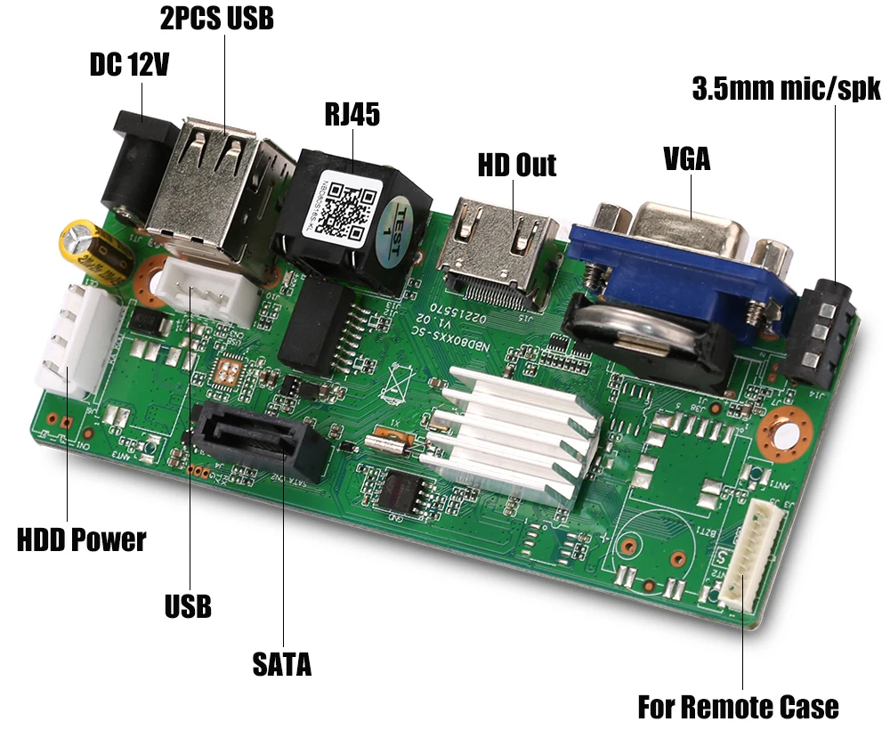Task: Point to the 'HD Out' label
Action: tap(516, 165)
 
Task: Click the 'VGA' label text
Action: tap(687, 159)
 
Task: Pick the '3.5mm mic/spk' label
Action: tap(786, 89)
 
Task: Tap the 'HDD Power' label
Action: tap(81, 539)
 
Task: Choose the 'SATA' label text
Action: tap(282, 663)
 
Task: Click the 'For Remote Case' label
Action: tap(738, 707)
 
